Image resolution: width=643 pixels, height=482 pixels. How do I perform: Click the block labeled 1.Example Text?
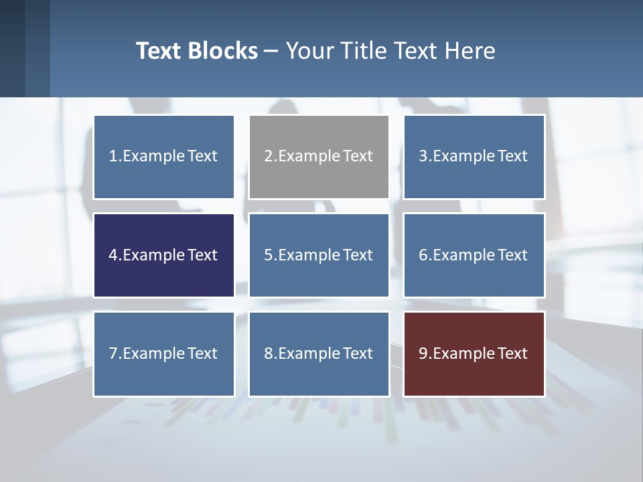[163, 157]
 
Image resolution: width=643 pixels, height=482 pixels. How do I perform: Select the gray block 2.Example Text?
[319, 157]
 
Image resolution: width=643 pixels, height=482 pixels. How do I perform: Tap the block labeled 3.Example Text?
[474, 157]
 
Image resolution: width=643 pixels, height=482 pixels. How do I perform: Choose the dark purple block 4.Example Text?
[163, 255]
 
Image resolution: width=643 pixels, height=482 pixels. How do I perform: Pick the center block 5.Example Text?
[319, 255]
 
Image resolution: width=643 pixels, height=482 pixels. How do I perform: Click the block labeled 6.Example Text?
[474, 255]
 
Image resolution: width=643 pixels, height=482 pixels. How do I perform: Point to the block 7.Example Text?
[163, 353]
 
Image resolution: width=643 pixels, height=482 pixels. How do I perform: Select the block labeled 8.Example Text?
[319, 353]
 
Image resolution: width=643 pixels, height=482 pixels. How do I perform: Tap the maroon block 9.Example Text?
[474, 353]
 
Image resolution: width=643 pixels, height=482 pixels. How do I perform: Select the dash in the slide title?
[271, 52]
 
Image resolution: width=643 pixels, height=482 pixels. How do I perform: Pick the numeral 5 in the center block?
[268, 255]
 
